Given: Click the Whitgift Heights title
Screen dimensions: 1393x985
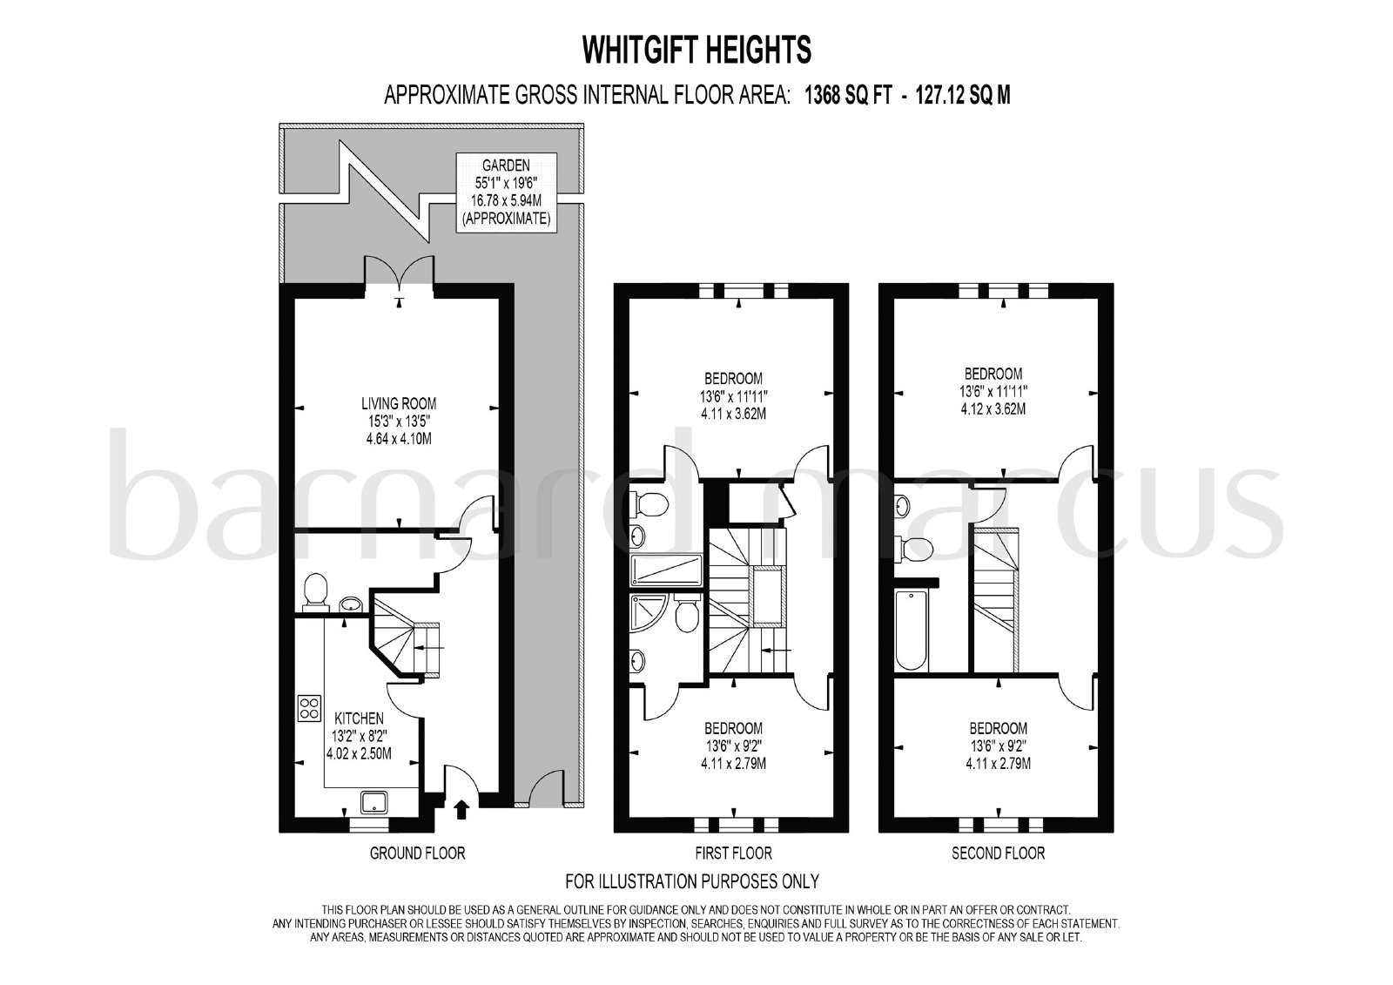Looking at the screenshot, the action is pyautogui.click(x=696, y=50).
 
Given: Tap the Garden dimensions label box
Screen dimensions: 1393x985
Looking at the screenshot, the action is pyautogui.click(x=506, y=192).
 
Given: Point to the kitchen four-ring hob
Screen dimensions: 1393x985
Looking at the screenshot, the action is pyautogui.click(x=310, y=707).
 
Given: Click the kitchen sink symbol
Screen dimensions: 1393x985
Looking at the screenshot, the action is pyautogui.click(x=375, y=802).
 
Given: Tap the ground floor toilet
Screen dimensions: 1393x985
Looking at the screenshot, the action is pyautogui.click(x=314, y=591).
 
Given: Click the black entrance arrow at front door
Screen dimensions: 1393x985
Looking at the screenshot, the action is pyautogui.click(x=461, y=810).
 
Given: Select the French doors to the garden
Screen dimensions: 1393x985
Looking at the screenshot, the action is pyautogui.click(x=399, y=272).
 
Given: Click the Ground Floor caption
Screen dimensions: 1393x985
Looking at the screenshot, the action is pyautogui.click(x=417, y=853).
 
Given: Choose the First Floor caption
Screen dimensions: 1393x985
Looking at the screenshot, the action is pyautogui.click(x=733, y=853).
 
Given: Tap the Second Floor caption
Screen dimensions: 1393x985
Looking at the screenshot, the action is pyautogui.click(x=998, y=853).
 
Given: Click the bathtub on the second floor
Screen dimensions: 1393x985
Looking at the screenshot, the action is pyautogui.click(x=912, y=630).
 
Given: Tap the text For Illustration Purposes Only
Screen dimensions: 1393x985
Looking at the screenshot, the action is pyautogui.click(x=692, y=881).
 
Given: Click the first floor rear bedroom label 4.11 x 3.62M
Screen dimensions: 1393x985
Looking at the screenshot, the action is pyautogui.click(x=733, y=414).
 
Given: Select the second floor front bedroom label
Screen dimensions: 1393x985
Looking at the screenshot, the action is pyautogui.click(x=998, y=745).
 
